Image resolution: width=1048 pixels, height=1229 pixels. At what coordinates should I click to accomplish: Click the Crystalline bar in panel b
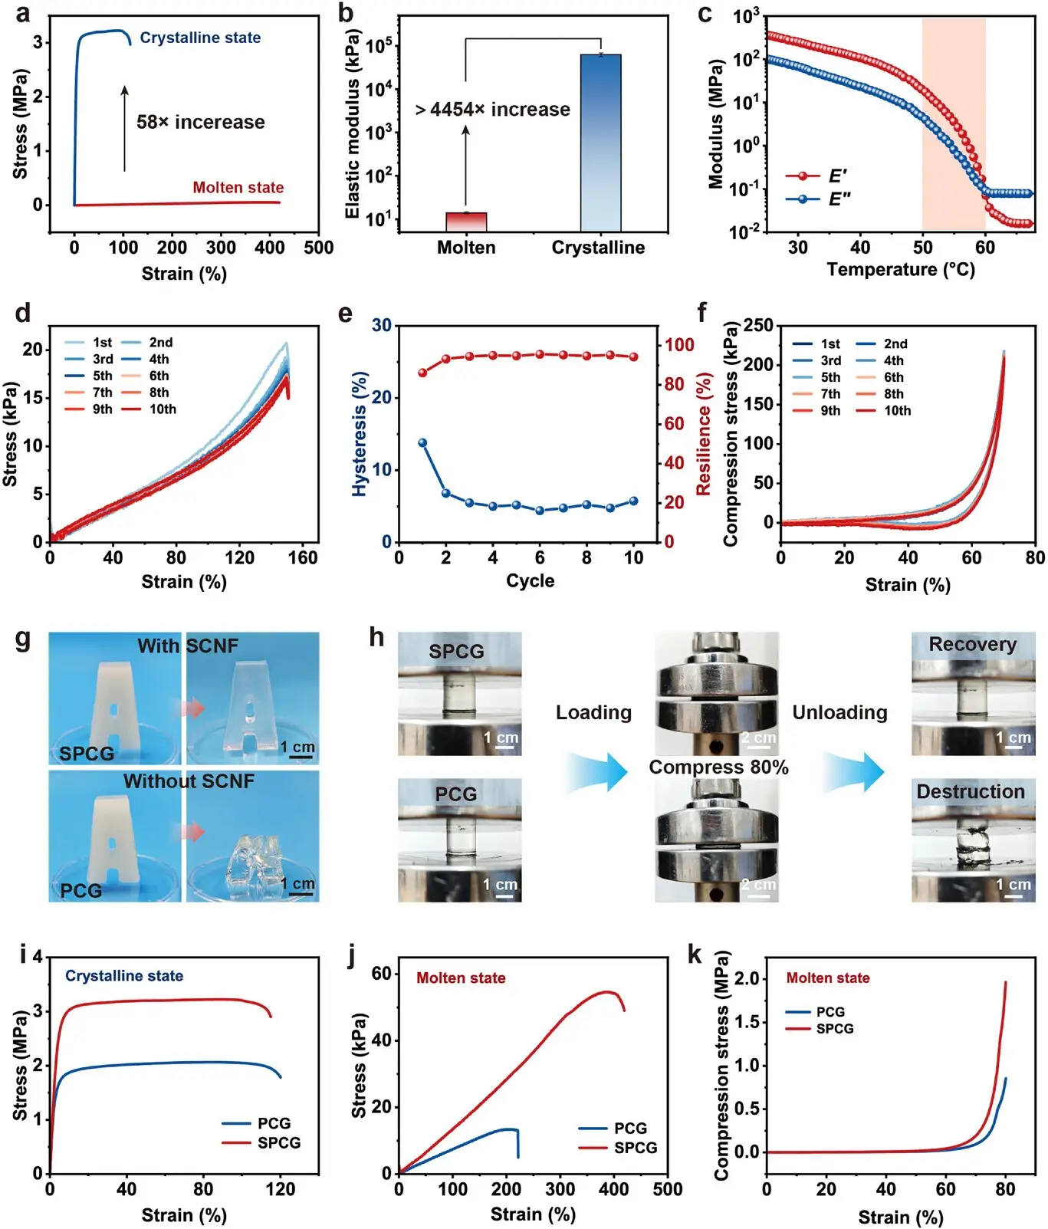click(x=600, y=143)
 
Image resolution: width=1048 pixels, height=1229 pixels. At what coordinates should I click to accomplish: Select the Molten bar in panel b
click(x=466, y=222)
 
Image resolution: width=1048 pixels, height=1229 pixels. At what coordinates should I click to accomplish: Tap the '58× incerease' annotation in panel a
click(x=201, y=122)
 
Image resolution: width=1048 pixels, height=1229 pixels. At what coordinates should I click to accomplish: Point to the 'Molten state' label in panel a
click(x=238, y=187)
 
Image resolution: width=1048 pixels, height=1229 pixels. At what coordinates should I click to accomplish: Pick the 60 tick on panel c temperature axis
click(x=984, y=248)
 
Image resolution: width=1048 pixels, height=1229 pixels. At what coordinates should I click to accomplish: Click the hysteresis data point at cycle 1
click(x=422, y=443)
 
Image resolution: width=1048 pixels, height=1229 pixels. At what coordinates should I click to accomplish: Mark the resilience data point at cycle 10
click(x=633, y=357)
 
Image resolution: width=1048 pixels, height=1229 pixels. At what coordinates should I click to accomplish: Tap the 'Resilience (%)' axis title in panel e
click(x=704, y=434)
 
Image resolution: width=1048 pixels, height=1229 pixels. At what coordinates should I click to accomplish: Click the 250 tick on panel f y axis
click(x=757, y=326)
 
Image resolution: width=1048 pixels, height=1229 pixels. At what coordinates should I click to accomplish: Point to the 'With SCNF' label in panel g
click(x=188, y=646)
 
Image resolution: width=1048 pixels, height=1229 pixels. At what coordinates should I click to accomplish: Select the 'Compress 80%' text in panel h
click(x=718, y=767)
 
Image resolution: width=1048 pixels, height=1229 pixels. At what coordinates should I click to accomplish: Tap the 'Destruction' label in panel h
click(x=971, y=792)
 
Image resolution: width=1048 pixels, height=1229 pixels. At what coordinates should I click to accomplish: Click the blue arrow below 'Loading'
click(x=596, y=771)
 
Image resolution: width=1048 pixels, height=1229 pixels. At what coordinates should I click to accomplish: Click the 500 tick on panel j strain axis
click(x=668, y=1189)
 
